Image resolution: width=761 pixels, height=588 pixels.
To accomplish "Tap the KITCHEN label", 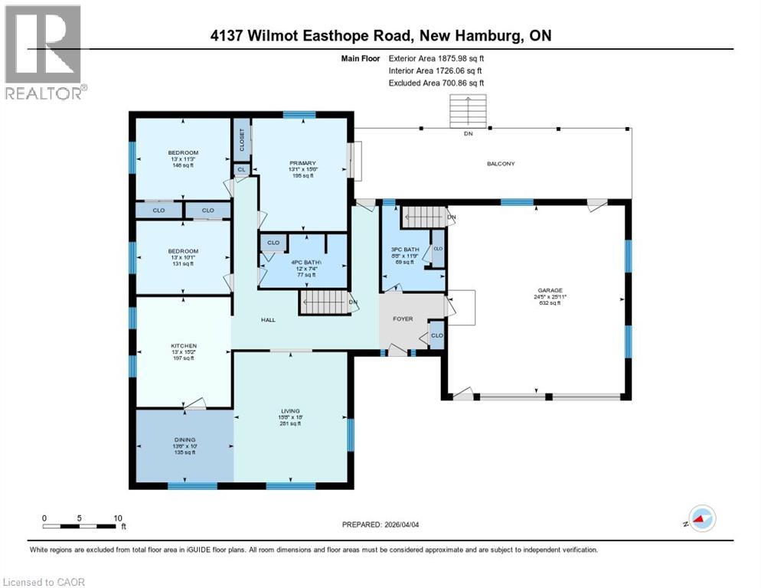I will (x=184, y=346).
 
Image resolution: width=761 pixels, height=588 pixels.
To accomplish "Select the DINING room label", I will (x=184, y=439).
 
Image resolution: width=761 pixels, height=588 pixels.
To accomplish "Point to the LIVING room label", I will (x=289, y=411).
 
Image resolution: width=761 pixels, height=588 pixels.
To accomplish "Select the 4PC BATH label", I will (x=304, y=264).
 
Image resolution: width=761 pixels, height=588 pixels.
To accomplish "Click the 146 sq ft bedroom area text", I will (x=184, y=165).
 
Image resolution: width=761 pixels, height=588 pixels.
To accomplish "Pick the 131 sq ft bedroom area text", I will (x=184, y=264).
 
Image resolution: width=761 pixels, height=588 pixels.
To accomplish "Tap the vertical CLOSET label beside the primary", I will (x=241, y=139).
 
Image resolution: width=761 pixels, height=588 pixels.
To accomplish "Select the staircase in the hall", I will (x=322, y=302).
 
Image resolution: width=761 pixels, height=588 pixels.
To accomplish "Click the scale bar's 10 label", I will (x=118, y=518).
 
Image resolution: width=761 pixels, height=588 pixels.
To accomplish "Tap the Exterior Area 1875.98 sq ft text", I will (x=436, y=57).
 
